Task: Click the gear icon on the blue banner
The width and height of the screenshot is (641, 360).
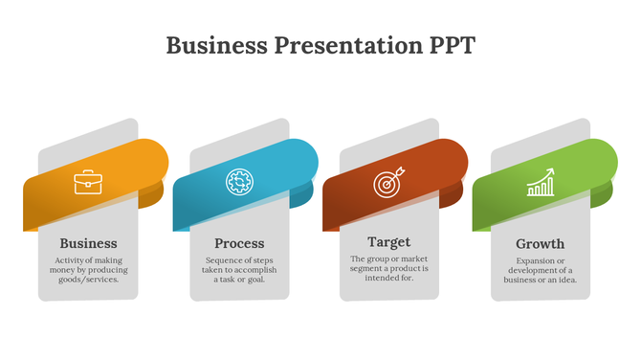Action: point(238,181)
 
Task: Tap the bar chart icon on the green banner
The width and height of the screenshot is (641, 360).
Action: point(541,182)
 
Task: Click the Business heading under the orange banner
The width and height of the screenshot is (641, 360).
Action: point(88,243)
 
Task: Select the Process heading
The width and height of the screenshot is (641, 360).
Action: point(239,243)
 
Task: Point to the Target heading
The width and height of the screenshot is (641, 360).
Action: point(388,242)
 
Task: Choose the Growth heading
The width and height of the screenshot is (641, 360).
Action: point(541,243)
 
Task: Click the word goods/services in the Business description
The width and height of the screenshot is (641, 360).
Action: point(89,281)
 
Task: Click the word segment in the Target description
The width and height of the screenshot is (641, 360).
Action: point(370,269)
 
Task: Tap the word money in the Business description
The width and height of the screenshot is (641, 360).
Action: point(68,271)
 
